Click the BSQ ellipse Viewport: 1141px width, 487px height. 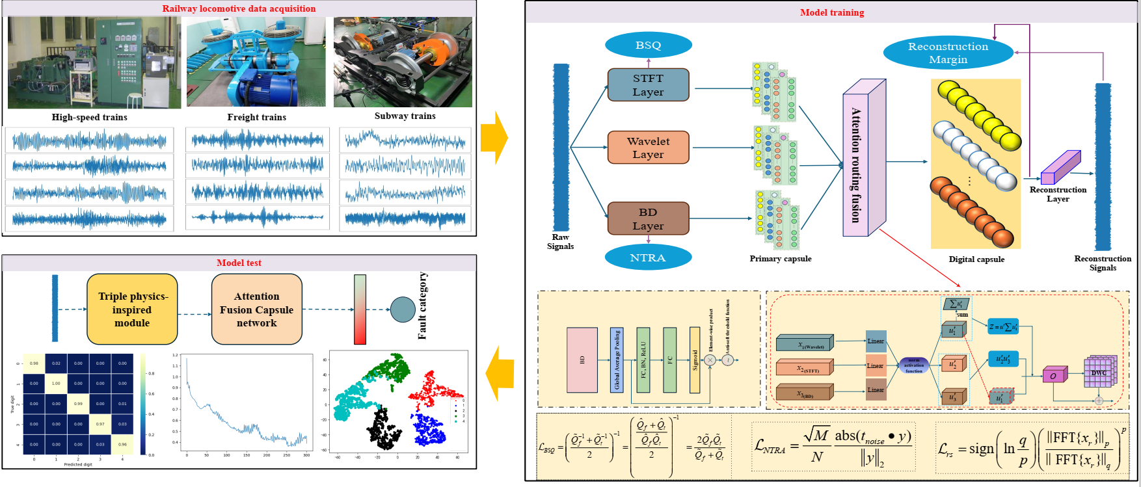point(648,46)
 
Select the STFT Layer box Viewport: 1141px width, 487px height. point(648,85)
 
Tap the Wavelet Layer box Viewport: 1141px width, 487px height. point(648,148)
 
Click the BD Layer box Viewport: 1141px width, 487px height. point(648,219)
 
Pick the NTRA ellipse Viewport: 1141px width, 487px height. point(648,257)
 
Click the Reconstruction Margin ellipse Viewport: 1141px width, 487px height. point(948,53)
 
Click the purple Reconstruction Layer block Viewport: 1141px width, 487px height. point(1060,168)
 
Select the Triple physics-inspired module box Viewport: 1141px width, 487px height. point(132,309)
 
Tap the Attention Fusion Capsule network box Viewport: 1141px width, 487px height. point(256,309)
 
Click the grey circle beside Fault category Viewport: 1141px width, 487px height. point(403,309)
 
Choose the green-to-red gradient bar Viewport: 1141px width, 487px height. point(360,309)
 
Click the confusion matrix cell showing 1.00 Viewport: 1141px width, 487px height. point(56,384)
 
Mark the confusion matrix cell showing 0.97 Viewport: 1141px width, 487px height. point(100,424)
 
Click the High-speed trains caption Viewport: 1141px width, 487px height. point(90,117)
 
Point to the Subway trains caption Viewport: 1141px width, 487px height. point(405,116)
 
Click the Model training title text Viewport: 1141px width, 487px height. point(832,12)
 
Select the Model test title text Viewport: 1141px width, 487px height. point(239,263)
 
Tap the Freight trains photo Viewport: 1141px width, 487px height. point(256,62)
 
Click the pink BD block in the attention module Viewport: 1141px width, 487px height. point(582,360)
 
